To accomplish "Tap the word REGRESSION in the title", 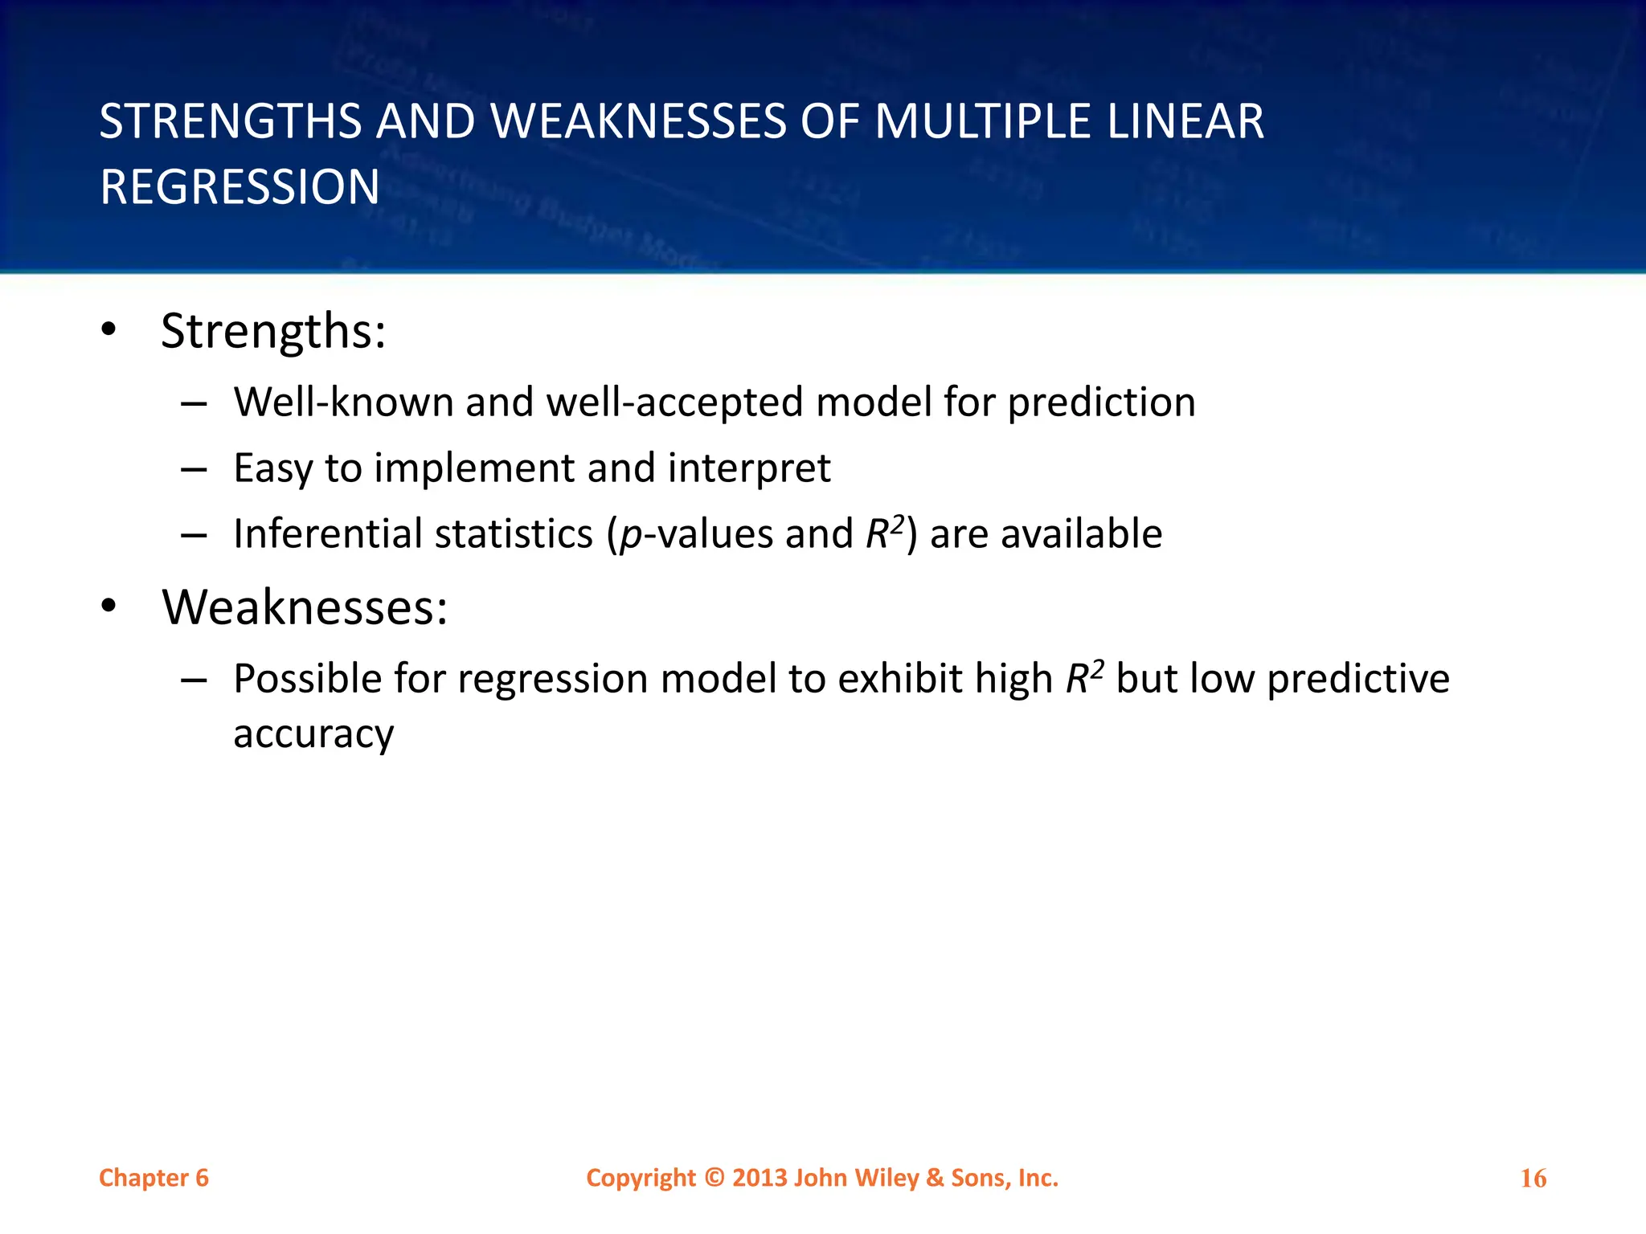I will point(240,187).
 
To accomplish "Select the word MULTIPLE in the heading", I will point(983,122).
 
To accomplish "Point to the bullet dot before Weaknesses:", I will point(109,606).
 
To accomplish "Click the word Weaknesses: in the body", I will point(305,607).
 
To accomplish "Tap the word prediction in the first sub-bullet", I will point(1101,403).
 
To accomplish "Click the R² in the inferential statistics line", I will point(885,533).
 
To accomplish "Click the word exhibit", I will point(900,679).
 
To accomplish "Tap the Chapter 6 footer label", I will point(154,1178).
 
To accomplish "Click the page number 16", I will point(1533,1179).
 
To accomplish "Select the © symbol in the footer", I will point(714,1178).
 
